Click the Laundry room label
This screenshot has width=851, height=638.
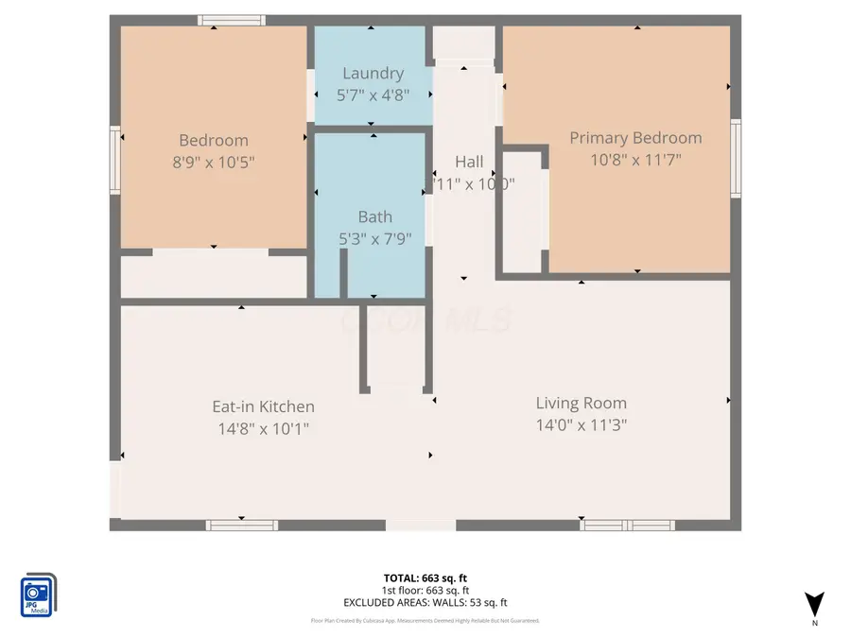click(373, 73)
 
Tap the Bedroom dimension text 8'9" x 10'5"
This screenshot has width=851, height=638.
click(213, 162)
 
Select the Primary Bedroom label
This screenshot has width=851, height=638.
click(635, 138)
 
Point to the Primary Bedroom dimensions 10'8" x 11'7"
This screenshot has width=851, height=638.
click(635, 160)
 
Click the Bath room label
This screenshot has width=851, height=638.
click(374, 216)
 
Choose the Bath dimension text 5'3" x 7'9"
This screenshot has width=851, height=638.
click(374, 238)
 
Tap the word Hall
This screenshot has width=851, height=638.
click(469, 162)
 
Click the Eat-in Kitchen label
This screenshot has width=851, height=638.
click(263, 406)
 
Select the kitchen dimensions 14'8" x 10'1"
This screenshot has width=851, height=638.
click(263, 428)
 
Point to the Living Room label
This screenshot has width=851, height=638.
click(581, 403)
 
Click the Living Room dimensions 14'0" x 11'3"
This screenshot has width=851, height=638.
click(581, 424)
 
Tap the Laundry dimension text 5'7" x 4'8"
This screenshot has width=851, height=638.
click(373, 95)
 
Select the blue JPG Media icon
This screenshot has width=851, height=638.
click(38, 595)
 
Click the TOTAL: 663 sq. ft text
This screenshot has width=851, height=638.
click(425, 578)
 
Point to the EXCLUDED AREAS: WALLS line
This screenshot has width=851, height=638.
click(425, 602)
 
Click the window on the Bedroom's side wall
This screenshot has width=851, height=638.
click(115, 161)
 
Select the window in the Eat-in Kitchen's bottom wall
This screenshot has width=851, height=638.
click(242, 525)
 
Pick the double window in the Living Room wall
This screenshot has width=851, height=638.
click(627, 525)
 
